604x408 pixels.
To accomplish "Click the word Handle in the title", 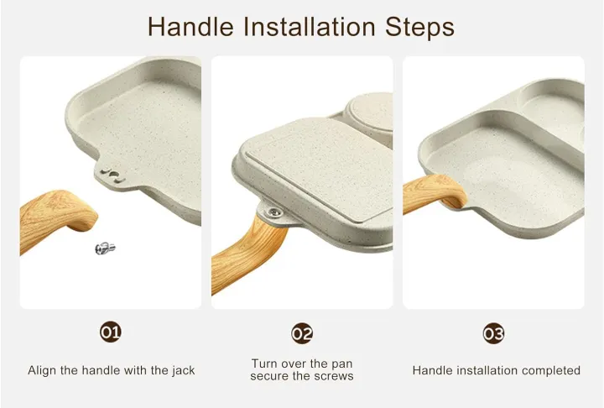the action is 190,27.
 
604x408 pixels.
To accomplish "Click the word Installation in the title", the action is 309,27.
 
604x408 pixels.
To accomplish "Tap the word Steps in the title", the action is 419,28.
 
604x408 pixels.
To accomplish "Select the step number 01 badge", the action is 111,332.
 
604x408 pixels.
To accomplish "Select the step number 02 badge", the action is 302,333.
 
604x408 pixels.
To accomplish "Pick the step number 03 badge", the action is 493,333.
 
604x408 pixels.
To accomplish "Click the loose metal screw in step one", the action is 105,248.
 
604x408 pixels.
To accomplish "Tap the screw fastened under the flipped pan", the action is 274,212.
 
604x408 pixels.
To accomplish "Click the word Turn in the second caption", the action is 265,364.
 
